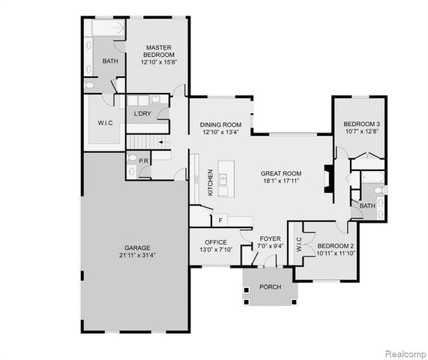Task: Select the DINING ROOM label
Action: [220, 124]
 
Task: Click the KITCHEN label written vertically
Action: [210, 183]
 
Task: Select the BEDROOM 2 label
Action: [336, 246]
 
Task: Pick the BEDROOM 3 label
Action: [362, 124]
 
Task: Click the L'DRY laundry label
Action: [142, 114]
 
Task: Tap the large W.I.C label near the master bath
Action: [104, 123]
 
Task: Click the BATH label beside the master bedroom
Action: [110, 61]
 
